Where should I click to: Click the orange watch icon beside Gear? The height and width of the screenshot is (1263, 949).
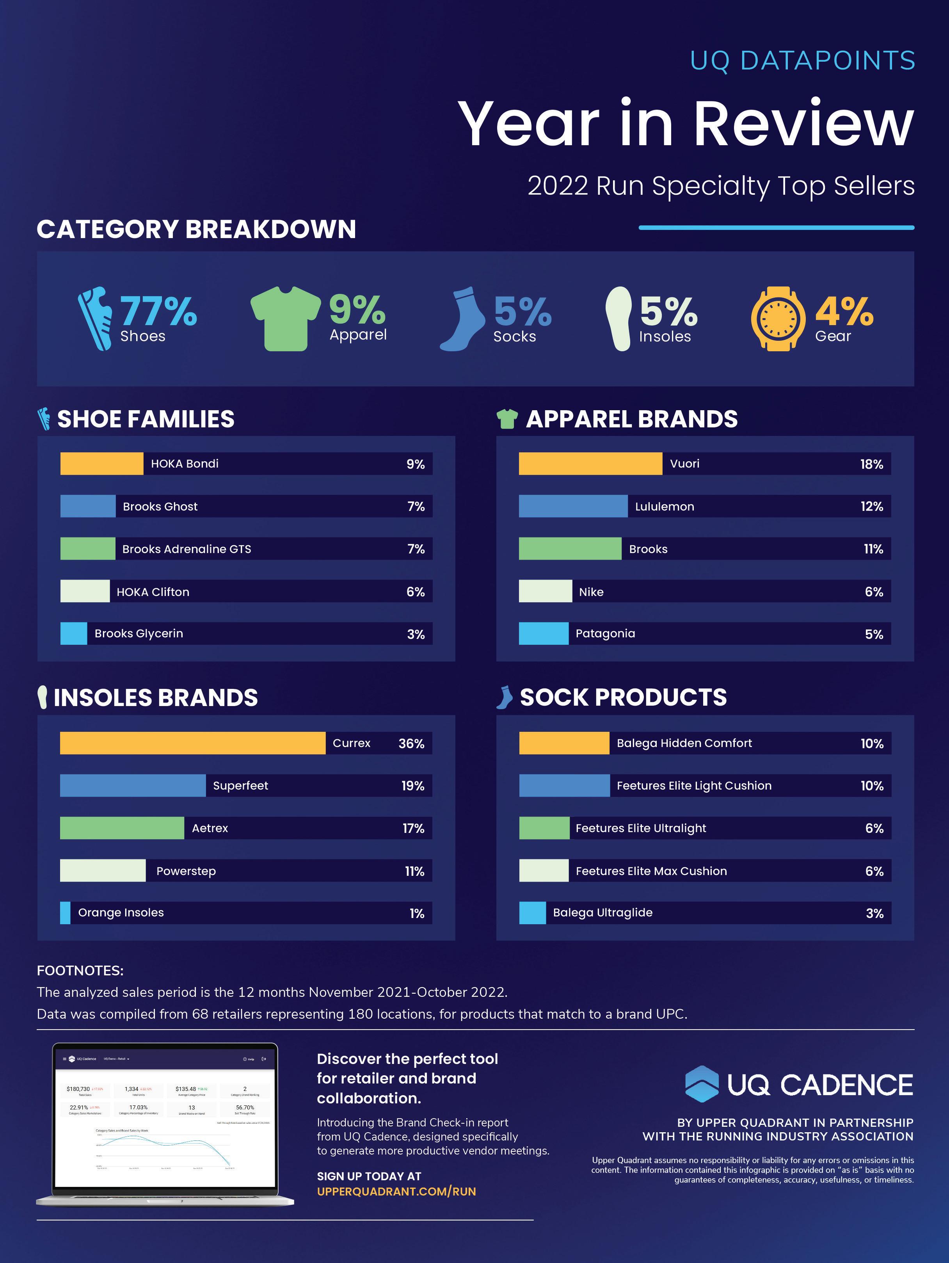[x=777, y=318]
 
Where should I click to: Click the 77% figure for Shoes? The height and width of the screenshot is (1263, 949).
[x=158, y=311]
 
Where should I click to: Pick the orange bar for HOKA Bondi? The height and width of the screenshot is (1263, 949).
[x=101, y=464]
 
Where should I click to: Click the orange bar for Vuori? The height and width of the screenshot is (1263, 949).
[x=590, y=464]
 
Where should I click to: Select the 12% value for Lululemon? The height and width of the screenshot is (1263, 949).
[x=871, y=507]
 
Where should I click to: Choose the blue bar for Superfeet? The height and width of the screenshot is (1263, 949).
[x=132, y=786]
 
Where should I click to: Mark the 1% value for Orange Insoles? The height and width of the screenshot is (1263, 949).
[x=417, y=914]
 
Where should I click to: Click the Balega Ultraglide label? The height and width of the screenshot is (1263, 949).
[x=602, y=913]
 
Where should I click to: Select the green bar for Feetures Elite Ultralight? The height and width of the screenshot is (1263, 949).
[x=544, y=828]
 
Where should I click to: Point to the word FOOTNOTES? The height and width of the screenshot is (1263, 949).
[x=80, y=971]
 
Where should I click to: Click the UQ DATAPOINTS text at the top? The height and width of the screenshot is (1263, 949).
[x=802, y=61]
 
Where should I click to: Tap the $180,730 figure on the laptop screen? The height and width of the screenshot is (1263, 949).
[x=78, y=1089]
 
